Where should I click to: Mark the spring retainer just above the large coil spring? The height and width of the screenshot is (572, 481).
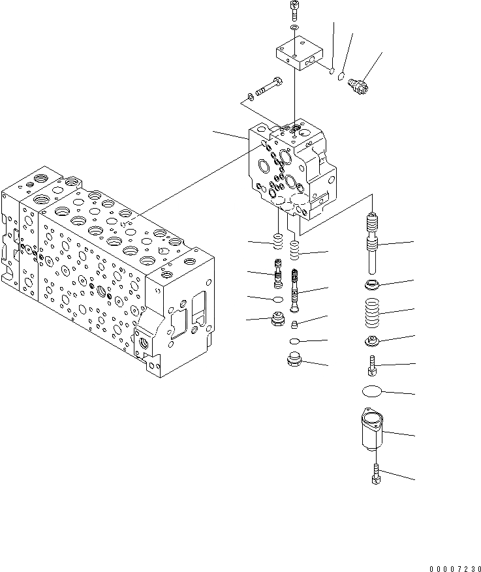[373, 284]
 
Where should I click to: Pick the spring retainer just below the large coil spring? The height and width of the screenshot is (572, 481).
[373, 340]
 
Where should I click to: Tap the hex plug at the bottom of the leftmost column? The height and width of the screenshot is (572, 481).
[277, 321]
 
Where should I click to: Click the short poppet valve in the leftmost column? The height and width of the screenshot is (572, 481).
[277, 275]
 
